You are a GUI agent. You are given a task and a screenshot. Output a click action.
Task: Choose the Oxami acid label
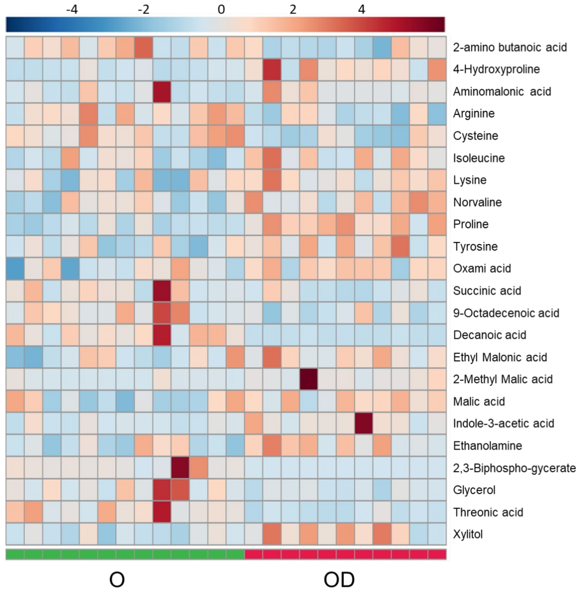pyautogui.click(x=482, y=268)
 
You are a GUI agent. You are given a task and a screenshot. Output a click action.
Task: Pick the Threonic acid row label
pyautogui.click(x=488, y=512)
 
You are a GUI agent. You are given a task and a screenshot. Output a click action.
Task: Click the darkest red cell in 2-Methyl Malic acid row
pyautogui.click(x=308, y=379)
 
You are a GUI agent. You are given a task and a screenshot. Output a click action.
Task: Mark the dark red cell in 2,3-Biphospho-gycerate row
pyautogui.click(x=180, y=468)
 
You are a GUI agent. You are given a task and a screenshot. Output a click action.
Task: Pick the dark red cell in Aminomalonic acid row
pyautogui.click(x=162, y=91)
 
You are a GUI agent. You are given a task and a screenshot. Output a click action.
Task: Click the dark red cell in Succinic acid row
pyautogui.click(x=162, y=291)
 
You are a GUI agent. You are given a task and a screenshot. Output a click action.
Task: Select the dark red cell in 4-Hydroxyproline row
pyautogui.click(x=272, y=69)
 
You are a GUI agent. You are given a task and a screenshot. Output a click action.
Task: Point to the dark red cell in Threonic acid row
pyautogui.click(x=162, y=512)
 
